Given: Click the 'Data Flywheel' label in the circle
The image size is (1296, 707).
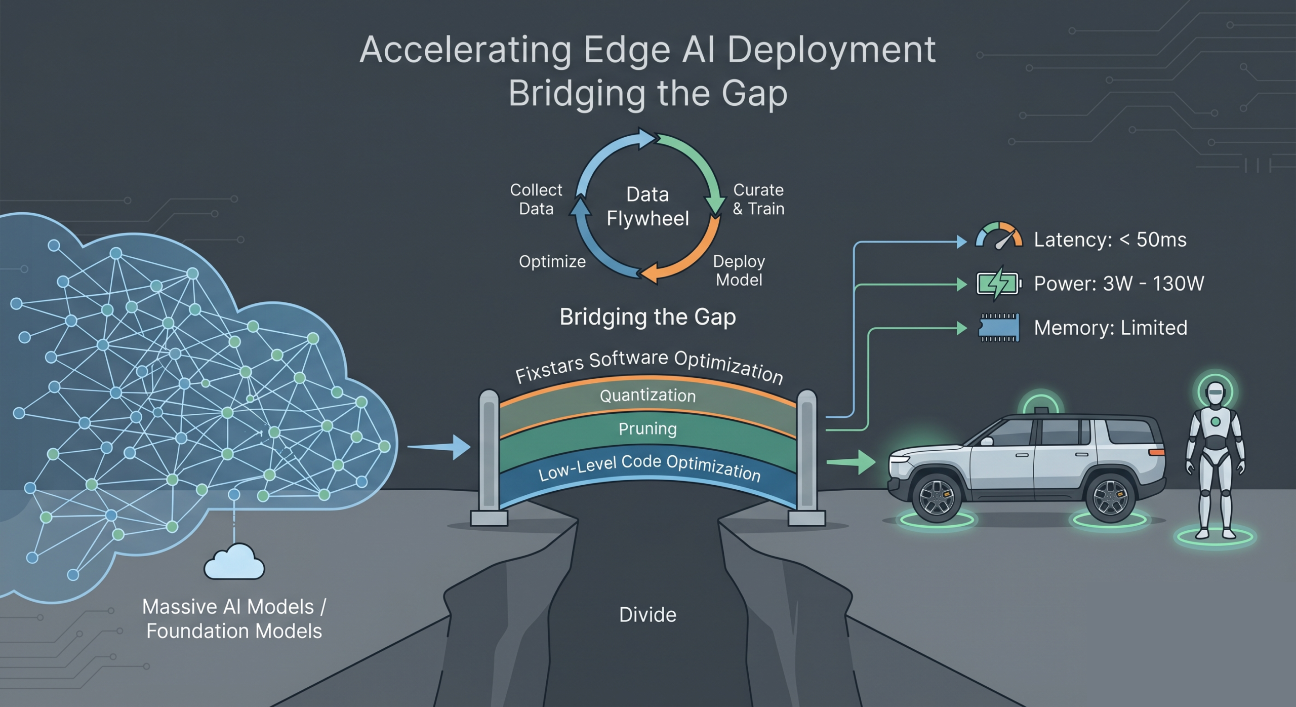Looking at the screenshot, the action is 647,207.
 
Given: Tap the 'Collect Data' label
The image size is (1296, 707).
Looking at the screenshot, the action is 536,199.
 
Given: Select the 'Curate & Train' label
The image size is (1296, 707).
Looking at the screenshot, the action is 758,199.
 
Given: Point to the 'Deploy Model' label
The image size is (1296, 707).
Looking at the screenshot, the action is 739,270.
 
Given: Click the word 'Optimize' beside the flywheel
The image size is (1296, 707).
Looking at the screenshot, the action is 552,261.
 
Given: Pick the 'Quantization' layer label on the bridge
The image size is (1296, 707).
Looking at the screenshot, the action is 647,395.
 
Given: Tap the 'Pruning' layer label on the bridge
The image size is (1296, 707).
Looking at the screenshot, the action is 647,429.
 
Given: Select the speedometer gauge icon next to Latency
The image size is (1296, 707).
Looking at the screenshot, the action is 999,236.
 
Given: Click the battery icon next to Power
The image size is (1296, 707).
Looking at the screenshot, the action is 998,283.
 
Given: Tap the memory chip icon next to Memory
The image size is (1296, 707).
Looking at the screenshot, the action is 999,328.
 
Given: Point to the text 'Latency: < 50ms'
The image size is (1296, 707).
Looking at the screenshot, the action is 1110,240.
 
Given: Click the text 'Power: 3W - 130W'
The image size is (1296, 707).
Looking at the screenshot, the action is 1119,284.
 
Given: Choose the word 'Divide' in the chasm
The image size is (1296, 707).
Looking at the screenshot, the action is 647,615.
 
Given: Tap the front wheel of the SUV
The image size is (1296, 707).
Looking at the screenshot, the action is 937,498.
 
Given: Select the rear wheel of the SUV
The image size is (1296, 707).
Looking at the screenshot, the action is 1110,498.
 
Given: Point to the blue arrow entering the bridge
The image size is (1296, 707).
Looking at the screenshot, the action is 439,447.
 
